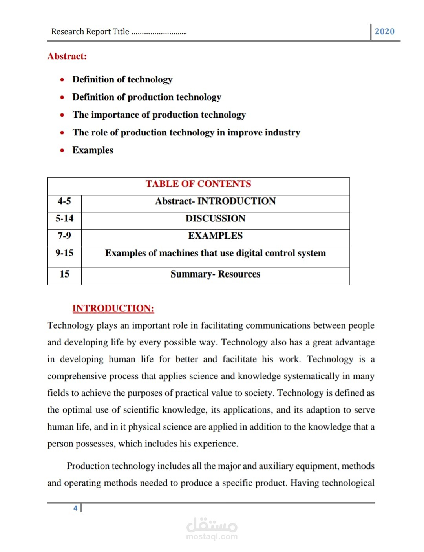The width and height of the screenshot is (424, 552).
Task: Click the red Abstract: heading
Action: [x=67, y=56]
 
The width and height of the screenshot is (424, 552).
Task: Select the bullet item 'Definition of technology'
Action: [x=122, y=79]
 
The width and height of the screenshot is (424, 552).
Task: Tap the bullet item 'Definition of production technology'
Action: [x=146, y=97]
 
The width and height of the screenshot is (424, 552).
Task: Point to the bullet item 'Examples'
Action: [x=93, y=150]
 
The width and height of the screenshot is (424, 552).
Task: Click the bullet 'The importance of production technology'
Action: [x=159, y=115]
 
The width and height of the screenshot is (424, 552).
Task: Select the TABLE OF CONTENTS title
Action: [x=198, y=184]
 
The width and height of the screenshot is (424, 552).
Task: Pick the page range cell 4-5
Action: [x=64, y=201]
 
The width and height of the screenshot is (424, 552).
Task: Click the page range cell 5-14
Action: [x=64, y=218]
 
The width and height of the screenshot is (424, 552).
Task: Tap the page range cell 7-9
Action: [x=64, y=236]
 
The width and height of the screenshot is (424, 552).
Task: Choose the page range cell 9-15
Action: [x=64, y=253]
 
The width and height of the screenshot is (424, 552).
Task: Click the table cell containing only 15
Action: [x=64, y=274]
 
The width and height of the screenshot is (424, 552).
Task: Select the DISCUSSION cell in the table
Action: [x=215, y=218]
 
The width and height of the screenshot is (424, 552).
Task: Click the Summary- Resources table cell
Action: [x=215, y=274]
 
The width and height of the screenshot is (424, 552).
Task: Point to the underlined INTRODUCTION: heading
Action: [x=113, y=308]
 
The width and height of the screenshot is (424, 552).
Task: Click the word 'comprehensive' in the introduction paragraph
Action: [x=77, y=376]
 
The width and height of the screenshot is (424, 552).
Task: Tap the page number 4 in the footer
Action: [x=75, y=508]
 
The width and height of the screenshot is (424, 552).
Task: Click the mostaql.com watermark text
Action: [x=212, y=536]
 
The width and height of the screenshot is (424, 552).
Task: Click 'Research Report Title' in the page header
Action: [x=90, y=31]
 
